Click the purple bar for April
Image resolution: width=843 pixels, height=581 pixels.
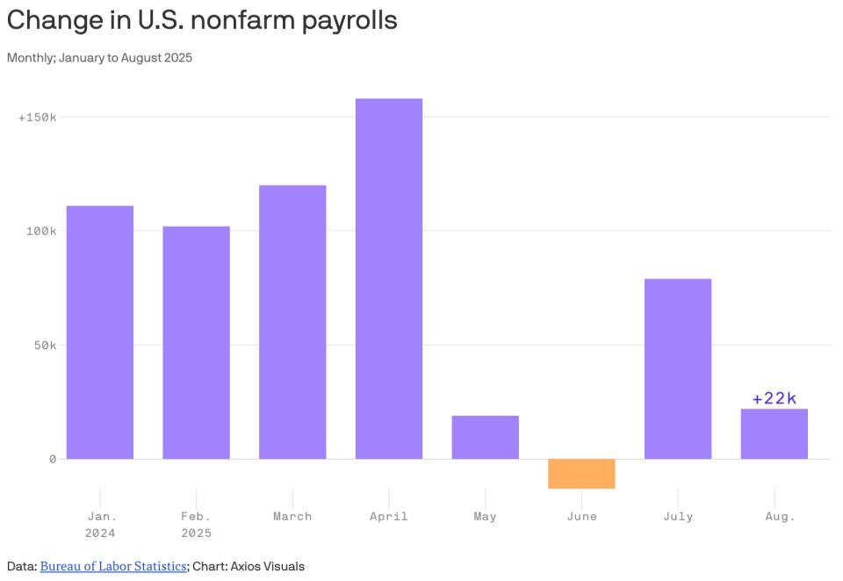click(x=389, y=279)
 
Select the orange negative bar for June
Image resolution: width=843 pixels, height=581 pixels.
click(x=581, y=474)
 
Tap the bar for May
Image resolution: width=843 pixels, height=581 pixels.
click(x=485, y=437)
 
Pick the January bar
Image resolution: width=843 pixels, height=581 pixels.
click(x=100, y=332)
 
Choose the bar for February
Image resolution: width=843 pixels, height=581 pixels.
click(x=196, y=343)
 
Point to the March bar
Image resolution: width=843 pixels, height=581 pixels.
click(x=292, y=322)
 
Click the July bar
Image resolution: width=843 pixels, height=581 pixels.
click(x=678, y=368)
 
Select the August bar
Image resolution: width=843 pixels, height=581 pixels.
click(x=774, y=433)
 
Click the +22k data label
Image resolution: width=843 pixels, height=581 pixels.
click(x=774, y=398)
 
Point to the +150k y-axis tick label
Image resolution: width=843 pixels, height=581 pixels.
click(x=38, y=117)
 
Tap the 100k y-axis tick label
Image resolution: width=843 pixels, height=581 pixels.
click(x=40, y=231)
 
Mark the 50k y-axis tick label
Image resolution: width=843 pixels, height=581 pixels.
click(x=44, y=345)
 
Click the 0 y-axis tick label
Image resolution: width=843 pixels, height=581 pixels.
click(x=53, y=459)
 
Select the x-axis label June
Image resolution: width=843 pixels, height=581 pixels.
click(x=581, y=516)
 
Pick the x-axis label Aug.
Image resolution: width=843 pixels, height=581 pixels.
click(x=780, y=516)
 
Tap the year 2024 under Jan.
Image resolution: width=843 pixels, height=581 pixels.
click(x=100, y=533)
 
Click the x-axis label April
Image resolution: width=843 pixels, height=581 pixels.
click(x=389, y=516)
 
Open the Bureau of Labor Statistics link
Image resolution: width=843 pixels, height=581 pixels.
click(x=113, y=566)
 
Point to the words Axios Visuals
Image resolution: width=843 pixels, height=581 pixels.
click(x=268, y=566)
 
